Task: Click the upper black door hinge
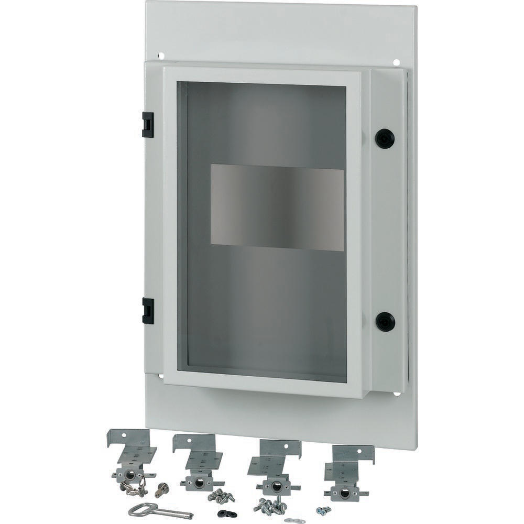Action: (x=148, y=124)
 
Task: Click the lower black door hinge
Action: (x=148, y=310)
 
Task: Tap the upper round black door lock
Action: (x=385, y=138)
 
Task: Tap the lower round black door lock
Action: (x=385, y=321)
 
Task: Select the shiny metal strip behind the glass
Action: (x=277, y=208)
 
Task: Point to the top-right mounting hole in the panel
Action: (x=396, y=62)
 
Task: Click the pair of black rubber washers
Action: (x=227, y=514)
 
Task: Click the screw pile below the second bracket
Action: (x=221, y=495)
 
